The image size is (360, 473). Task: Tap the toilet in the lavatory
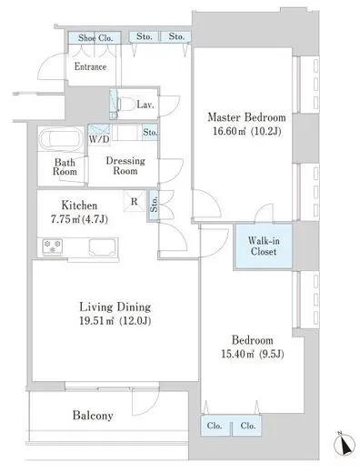[125, 105]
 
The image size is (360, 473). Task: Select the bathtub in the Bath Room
[62, 138]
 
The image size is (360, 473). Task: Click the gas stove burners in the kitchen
[53, 247]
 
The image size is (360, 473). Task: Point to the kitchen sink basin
[103, 247]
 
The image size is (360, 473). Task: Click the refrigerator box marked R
[135, 201]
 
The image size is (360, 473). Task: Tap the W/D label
[99, 139]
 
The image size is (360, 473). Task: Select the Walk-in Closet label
[264, 247]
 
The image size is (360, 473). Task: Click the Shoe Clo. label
[95, 38]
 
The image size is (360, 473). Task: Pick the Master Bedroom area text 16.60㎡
[230, 131]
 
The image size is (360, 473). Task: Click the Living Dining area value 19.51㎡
[96, 321]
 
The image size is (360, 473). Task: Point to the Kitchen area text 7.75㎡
[65, 219]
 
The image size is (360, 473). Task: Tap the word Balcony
[93, 416]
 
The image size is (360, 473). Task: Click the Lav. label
[145, 105]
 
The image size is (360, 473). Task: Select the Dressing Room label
[125, 166]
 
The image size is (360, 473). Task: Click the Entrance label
[90, 66]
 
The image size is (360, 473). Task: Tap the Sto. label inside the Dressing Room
[150, 132]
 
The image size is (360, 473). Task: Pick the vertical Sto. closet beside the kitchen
[154, 204]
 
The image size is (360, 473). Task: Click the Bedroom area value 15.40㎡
[237, 354]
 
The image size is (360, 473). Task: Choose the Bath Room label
[65, 167]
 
